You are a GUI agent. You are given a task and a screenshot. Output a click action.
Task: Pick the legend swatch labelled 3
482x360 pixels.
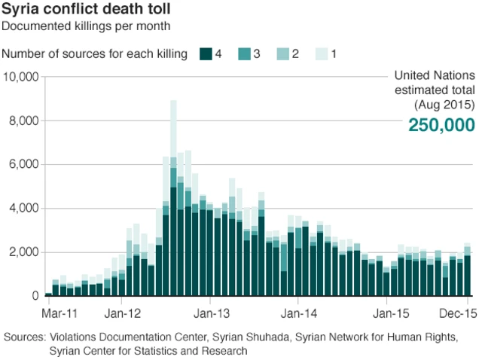pos(245,54)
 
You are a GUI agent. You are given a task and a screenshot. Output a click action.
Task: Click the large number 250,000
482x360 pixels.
pos(441,125)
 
